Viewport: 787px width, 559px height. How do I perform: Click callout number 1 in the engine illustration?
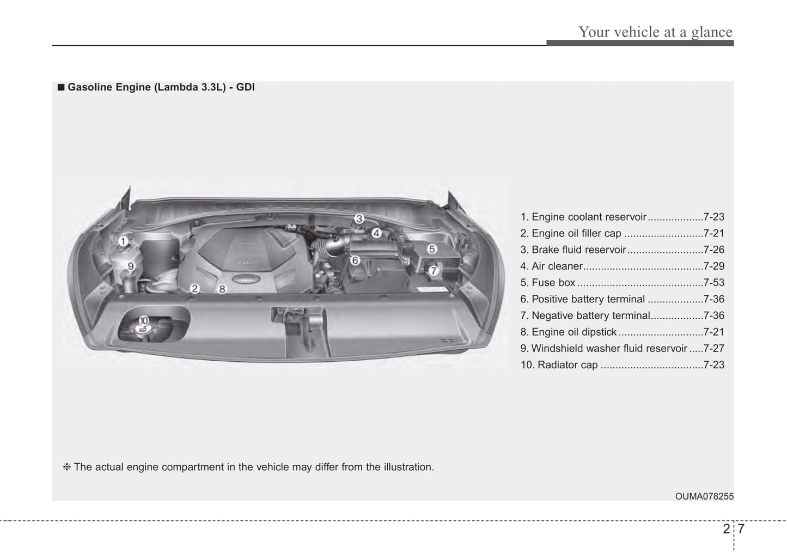124,241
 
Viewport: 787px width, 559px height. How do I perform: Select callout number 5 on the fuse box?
432,249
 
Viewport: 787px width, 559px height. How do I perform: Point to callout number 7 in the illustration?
434,270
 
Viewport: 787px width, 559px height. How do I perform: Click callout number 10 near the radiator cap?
144,321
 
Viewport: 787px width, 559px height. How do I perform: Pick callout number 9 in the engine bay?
131,266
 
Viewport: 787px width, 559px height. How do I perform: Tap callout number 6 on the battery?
355,260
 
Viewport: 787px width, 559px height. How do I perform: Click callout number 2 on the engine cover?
195,289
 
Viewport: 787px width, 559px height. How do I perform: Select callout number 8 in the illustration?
222,289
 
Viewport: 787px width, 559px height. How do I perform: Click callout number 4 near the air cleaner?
376,233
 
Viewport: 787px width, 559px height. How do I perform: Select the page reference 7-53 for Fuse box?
713,283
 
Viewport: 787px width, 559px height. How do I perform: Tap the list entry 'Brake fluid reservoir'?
578,250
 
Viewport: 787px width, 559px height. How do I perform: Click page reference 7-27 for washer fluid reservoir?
713,349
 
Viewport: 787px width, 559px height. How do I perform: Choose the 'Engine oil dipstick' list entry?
574,332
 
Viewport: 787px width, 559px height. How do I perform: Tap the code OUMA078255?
704,496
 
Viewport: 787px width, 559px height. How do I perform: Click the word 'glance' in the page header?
712,32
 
